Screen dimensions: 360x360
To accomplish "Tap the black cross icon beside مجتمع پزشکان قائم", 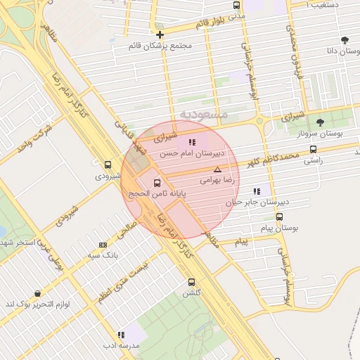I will (x=160, y=34).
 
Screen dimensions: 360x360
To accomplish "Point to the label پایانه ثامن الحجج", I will (x=155, y=193).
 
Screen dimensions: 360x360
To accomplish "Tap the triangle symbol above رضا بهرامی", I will (x=217, y=169).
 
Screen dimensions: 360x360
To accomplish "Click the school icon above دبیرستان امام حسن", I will (x=192, y=142).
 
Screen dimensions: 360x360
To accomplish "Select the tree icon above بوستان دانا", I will (x=344, y=40).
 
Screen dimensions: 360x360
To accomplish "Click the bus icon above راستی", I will (x=313, y=149).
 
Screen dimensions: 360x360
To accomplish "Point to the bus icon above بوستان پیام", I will (x=280, y=217).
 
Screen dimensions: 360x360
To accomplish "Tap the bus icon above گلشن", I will (x=191, y=282).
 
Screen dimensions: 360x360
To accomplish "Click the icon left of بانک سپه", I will (x=103, y=245).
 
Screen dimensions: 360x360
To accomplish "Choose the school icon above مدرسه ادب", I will (x=121, y=335).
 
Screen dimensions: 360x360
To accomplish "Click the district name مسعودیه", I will (x=203, y=114).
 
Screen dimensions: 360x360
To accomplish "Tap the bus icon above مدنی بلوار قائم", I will (x=237, y=5).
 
